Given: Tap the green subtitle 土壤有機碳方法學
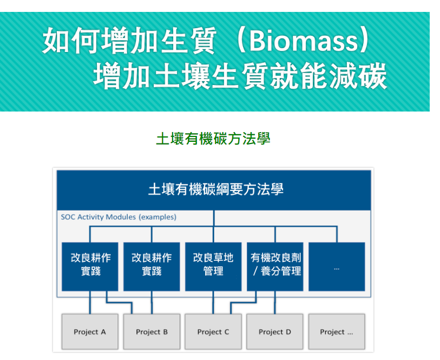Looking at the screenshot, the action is pos(213,139).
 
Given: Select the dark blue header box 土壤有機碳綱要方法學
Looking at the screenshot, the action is pos(214,190).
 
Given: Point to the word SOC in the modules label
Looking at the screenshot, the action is pos(68,217).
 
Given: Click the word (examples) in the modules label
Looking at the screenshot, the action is pos(157,217).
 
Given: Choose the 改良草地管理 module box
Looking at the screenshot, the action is pos(213,266).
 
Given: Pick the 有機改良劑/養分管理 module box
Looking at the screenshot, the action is pos(275,266).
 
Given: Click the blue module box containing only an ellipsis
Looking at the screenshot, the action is pos(337,266).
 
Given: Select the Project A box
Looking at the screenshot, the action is pos(90,332).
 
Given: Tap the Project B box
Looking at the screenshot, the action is pos(152,332).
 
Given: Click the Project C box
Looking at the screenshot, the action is pos(213,332).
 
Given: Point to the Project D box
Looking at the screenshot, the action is pos(275,332).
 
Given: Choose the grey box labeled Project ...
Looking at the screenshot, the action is pos(337,332).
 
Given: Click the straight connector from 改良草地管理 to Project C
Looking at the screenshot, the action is pos(213,303).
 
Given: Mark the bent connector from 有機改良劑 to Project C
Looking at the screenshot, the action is pos(243,303).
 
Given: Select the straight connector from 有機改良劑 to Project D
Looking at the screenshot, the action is pos(275,303).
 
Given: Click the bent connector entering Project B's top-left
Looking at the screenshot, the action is pos(119,303).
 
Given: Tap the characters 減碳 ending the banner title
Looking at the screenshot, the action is pos(358,76).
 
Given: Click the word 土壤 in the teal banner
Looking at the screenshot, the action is pos(182,76).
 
